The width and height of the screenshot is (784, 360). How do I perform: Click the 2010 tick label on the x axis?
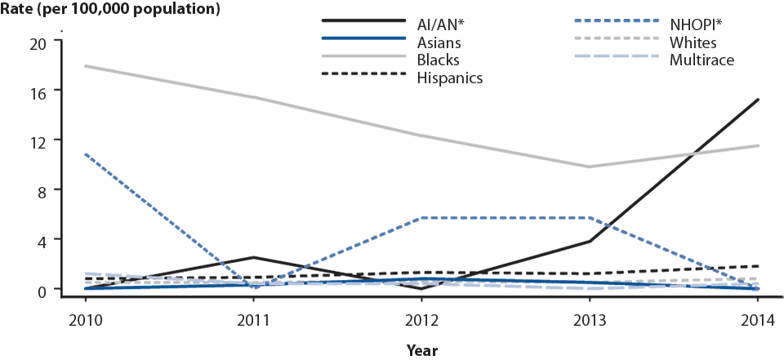tap(86, 321)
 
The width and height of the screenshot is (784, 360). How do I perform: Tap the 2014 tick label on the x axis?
tap(758, 321)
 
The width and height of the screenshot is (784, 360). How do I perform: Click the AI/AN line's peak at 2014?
tap(758, 100)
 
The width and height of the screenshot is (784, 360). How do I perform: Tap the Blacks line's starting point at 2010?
tap(86, 66)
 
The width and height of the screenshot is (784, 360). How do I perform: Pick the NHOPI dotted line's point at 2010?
tap(86, 154)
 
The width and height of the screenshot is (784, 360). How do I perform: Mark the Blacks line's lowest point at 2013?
tap(590, 167)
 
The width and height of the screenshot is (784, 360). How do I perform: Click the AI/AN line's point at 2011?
tap(254, 257)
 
